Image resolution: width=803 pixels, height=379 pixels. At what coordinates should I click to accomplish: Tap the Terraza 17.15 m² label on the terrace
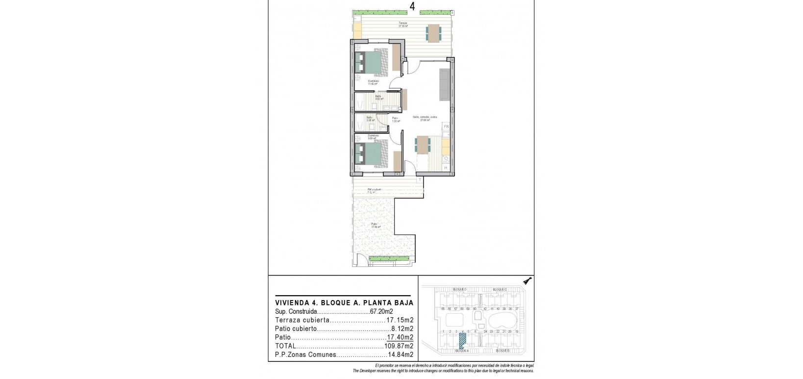402,25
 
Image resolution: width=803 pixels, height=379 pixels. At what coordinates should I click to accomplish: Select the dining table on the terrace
433,33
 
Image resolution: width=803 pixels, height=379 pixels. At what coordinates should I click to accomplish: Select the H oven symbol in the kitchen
446,168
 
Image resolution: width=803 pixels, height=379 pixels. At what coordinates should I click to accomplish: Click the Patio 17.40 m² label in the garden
376,226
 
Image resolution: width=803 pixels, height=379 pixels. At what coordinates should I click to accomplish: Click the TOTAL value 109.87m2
400,346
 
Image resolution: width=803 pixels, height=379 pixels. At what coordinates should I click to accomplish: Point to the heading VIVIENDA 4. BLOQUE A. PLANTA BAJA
344,303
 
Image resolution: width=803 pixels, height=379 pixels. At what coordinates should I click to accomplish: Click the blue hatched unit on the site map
462,339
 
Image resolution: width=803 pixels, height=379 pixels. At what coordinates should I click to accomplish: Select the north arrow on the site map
527,281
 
